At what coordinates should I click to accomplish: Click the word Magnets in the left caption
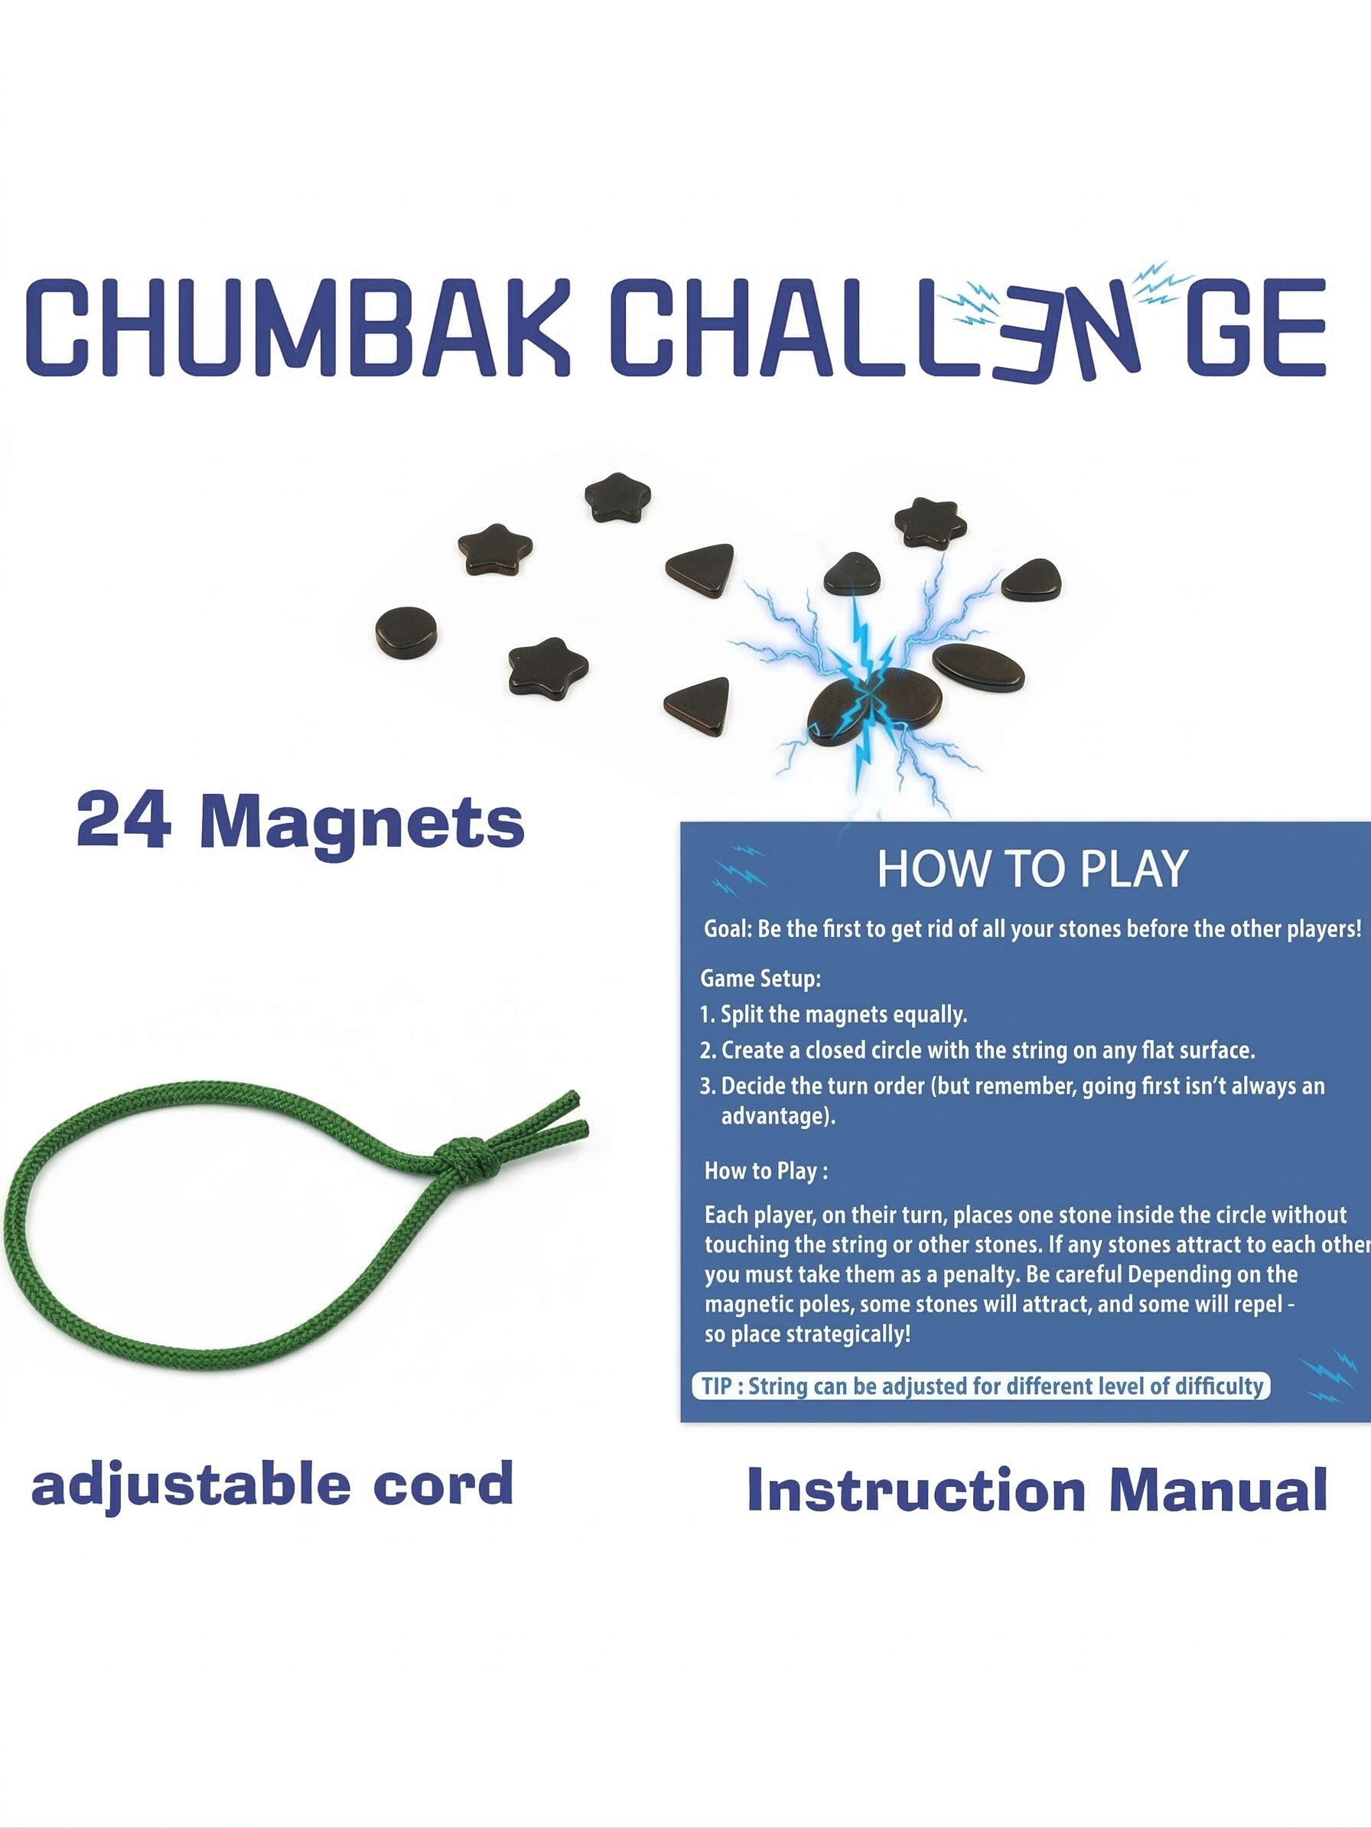tap(362, 823)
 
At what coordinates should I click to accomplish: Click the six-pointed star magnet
tap(930, 523)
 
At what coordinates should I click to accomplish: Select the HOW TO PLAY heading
tap(1032, 870)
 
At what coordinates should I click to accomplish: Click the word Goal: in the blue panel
tap(728, 929)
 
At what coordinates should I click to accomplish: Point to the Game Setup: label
tap(760, 978)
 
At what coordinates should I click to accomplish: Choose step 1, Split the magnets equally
tap(833, 1015)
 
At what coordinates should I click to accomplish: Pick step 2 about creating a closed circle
tap(978, 1050)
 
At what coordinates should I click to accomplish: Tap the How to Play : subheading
tap(766, 1171)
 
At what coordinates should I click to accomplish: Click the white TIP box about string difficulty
tap(981, 1386)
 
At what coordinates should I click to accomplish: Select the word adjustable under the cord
tap(191, 1485)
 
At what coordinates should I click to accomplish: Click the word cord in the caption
tap(443, 1485)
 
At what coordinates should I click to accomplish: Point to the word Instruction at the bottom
tap(916, 1489)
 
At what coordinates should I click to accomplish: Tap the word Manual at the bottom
tap(1218, 1489)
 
